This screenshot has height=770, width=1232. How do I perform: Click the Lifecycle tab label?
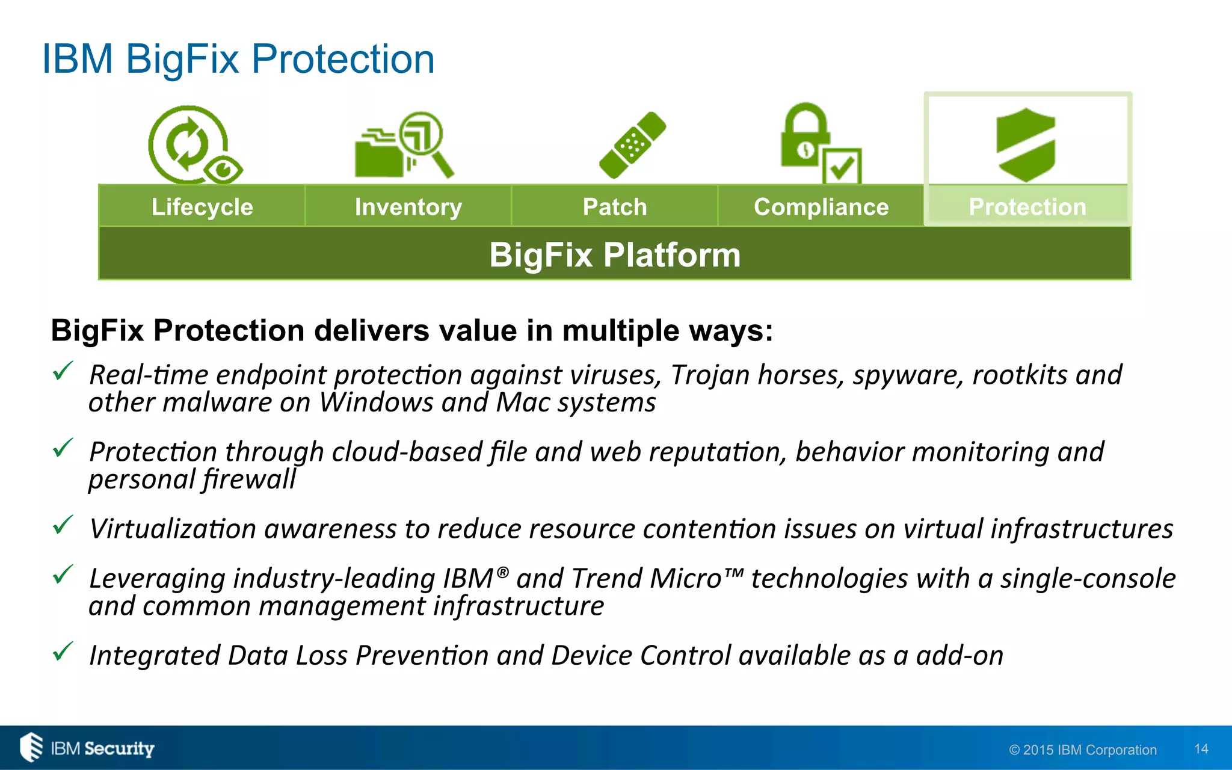tap(202, 207)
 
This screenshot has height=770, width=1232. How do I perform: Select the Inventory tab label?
tap(408, 207)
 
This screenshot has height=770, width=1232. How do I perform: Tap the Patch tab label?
tap(615, 207)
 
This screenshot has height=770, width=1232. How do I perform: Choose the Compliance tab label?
tap(821, 207)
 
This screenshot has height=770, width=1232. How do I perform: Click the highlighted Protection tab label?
tap(1027, 207)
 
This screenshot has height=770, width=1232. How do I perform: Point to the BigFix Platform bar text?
tap(615, 254)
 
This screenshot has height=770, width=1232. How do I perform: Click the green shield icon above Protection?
tap(1026, 145)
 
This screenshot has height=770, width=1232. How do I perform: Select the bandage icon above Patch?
tap(632, 145)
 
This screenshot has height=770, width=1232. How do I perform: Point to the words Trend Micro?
tap(646, 579)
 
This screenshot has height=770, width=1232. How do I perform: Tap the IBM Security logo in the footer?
tap(88, 748)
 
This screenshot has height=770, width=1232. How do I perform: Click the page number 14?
tap(1201, 749)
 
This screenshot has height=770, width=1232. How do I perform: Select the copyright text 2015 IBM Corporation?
tap(1083, 750)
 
